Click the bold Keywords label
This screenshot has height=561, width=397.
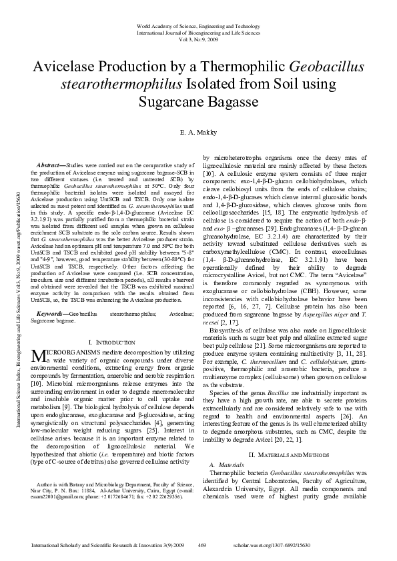coord(52,312)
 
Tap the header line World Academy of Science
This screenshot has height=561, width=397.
coord(199,25)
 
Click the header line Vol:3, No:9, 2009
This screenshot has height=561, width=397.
coord(199,39)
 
